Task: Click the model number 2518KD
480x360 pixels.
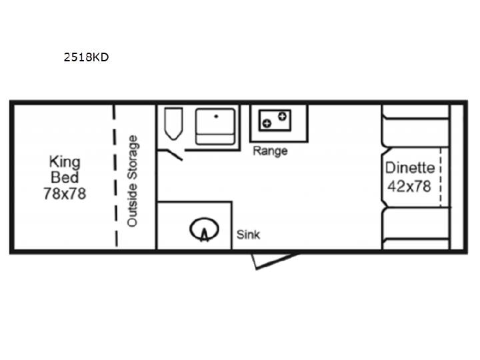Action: click(x=86, y=57)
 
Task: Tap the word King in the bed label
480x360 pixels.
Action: click(x=65, y=162)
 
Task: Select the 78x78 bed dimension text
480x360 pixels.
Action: click(x=65, y=193)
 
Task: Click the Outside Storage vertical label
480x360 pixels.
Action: click(x=133, y=181)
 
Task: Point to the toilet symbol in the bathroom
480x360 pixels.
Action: click(x=173, y=124)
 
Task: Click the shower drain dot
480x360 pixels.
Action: click(x=216, y=116)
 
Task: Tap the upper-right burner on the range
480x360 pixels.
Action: click(x=282, y=116)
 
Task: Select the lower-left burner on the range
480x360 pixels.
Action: click(x=267, y=123)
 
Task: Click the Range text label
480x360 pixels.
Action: click(x=270, y=151)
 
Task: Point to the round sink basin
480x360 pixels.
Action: click(x=204, y=229)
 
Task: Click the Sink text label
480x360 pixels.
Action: click(x=248, y=235)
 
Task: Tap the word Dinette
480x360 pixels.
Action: click(x=410, y=168)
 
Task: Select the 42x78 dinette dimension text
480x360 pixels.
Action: click(x=409, y=186)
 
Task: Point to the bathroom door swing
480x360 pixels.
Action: click(x=170, y=154)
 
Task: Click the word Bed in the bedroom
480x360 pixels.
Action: click(x=65, y=177)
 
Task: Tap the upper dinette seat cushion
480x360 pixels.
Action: click(x=415, y=131)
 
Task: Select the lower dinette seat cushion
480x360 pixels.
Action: click(x=415, y=223)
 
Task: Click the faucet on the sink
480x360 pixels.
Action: click(x=204, y=235)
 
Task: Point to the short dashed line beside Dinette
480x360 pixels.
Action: click(x=441, y=177)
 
